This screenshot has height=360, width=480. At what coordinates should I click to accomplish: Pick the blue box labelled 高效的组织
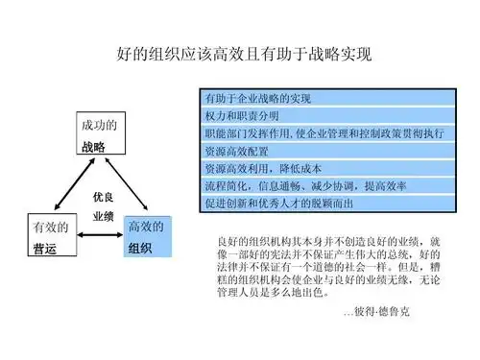[147, 237]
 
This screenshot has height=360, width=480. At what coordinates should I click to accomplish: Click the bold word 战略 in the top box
[93, 146]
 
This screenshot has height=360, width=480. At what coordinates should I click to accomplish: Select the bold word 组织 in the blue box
[140, 248]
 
